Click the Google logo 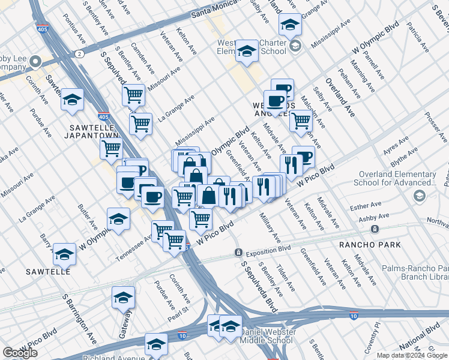pyautogui.click(x=20, y=353)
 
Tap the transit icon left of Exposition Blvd pyautogui.click(x=238, y=252)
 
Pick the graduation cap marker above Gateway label pyautogui.click(x=123, y=298)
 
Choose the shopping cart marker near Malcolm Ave pyautogui.click(x=301, y=121)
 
